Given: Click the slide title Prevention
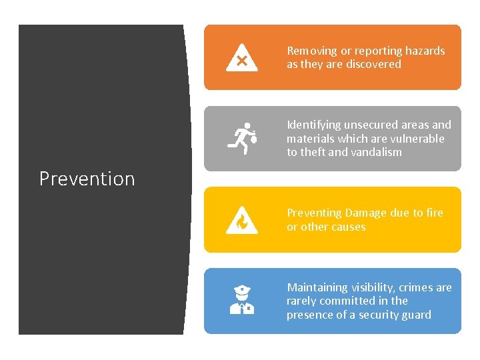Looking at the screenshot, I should click(x=87, y=179).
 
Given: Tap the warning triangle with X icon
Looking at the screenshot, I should click(x=241, y=57).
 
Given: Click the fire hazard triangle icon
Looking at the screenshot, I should click(x=241, y=220).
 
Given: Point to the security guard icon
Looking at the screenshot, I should click(x=241, y=301).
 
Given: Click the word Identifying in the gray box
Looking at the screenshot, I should click(x=313, y=125).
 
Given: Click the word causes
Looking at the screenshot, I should click(x=349, y=227).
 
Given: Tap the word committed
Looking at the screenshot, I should click(x=331, y=301).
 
